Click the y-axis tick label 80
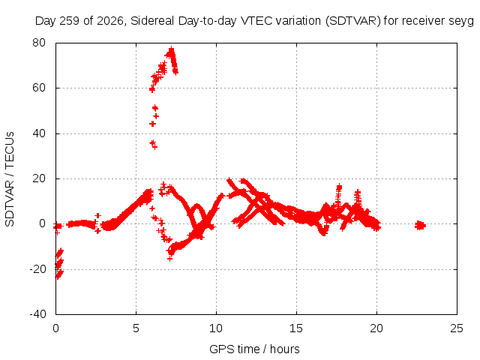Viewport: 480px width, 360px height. point(39,43)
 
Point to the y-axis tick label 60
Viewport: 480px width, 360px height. point(39,88)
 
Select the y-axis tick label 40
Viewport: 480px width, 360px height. point(39,133)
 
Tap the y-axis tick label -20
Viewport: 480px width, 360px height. point(37,269)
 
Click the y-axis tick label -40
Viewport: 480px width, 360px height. point(37,314)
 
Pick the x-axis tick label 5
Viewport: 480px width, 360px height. point(136,328)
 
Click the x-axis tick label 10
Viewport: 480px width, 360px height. point(216,328)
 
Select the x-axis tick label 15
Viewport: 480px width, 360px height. point(296,328)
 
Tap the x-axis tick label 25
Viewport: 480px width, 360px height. point(457,328)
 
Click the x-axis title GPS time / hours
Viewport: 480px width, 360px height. point(254,349)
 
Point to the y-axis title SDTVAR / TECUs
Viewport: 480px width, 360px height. point(10,179)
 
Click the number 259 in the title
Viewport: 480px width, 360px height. point(70,21)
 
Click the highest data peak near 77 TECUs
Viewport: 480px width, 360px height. point(171,49)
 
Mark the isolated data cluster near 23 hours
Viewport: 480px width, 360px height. point(420,225)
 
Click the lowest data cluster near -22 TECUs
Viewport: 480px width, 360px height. point(59,274)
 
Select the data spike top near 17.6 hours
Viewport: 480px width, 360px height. point(339,187)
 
